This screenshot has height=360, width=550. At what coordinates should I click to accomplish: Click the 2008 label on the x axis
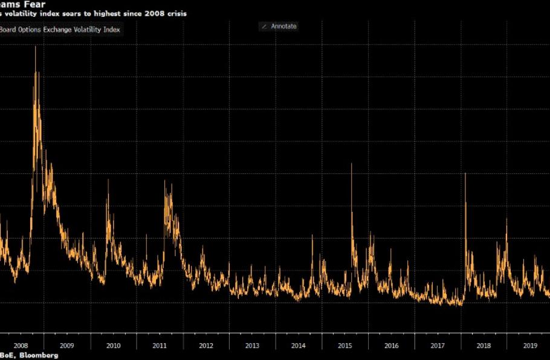[21, 346]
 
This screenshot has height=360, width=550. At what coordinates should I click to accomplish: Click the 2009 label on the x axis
[67, 346]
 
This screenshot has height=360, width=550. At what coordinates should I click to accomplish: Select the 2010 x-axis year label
[113, 346]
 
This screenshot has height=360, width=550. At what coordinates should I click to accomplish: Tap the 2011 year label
[160, 346]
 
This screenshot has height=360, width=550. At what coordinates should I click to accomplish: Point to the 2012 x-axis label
[206, 346]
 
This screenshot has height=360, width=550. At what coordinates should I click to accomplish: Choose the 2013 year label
[252, 346]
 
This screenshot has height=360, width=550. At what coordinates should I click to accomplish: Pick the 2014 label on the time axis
[299, 346]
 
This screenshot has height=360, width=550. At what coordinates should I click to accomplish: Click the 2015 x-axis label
[345, 346]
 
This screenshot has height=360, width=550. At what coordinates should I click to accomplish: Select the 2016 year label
[391, 346]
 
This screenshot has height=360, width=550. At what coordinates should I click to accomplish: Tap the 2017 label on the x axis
[438, 346]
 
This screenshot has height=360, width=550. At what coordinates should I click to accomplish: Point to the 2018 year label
[484, 346]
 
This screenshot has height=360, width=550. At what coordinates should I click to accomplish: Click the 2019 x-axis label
[530, 346]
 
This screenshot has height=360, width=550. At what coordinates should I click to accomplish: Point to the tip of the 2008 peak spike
[35, 47]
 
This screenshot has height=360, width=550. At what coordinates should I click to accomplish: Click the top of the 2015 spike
[351, 164]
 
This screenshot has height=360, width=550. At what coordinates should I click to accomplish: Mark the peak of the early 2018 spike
[465, 173]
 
